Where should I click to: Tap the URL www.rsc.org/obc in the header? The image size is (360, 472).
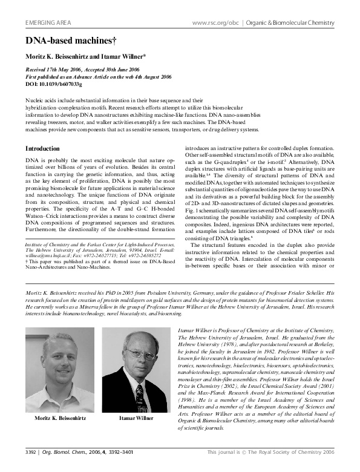pyautogui.click(x=215, y=23)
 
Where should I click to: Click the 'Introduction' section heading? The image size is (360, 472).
pyautogui.click(x=42, y=148)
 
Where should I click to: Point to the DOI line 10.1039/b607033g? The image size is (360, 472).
pyautogui.click(x=54, y=85)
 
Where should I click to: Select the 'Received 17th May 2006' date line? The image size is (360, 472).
pyautogui.click(x=56, y=70)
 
